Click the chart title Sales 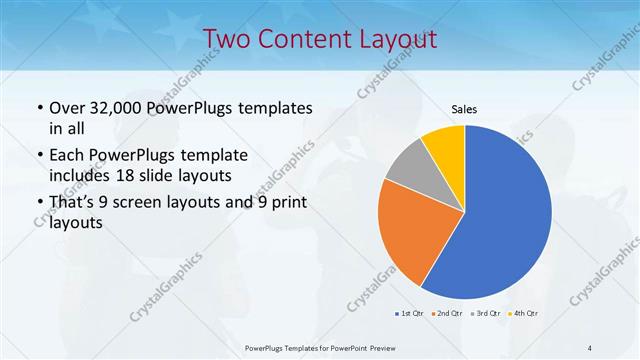click(464, 108)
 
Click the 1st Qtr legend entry click(410, 313)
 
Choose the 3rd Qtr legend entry click(486, 313)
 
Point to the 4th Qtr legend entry click(524, 313)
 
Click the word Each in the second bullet click(67, 156)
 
